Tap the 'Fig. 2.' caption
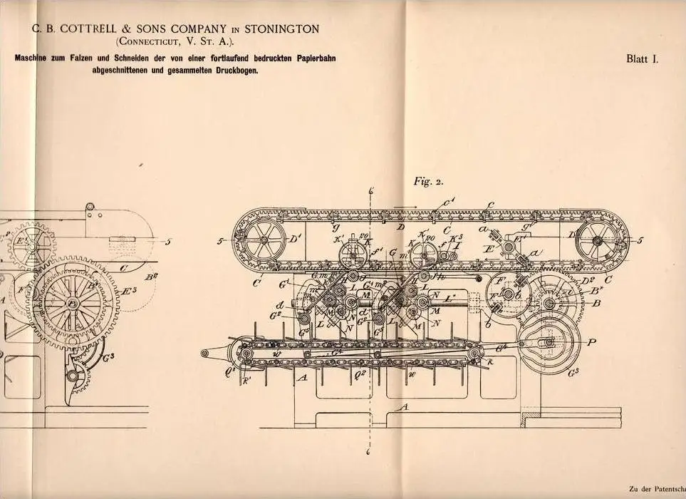428,180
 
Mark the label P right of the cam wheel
592,342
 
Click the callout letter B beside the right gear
596,302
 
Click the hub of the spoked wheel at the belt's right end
598,240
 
